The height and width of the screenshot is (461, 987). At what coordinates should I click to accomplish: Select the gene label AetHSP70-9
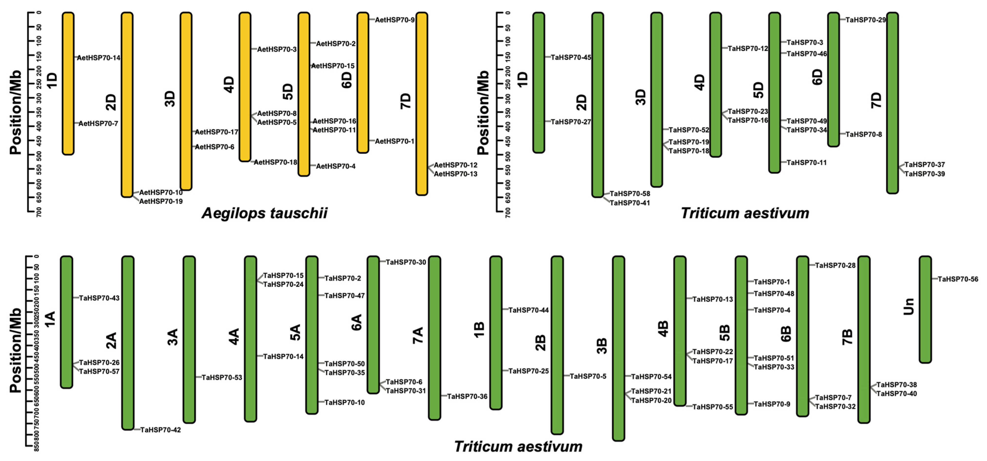coord(395,20)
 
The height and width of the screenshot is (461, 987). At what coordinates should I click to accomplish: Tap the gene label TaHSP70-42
coord(161,430)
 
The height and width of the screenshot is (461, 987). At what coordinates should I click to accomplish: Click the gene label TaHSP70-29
coord(866,20)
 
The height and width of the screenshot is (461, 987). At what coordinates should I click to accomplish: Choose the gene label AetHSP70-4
coord(336,166)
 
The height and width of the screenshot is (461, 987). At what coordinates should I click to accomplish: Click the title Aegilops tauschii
coord(264,213)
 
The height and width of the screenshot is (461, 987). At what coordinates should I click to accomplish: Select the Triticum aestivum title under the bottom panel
coord(518,447)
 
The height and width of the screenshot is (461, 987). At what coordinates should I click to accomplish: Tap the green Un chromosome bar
coord(925,309)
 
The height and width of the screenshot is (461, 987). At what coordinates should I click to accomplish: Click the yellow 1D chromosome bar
coord(68,84)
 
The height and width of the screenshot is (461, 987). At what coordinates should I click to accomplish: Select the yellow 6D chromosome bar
coord(363,83)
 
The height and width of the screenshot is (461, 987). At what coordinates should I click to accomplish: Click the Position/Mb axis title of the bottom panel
coord(15,350)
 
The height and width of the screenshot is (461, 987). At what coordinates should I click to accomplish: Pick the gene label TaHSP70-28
coord(835,265)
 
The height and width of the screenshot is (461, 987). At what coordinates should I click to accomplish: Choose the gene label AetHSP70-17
coord(217,132)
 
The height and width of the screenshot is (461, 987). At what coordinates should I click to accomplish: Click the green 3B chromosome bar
coord(619,349)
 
